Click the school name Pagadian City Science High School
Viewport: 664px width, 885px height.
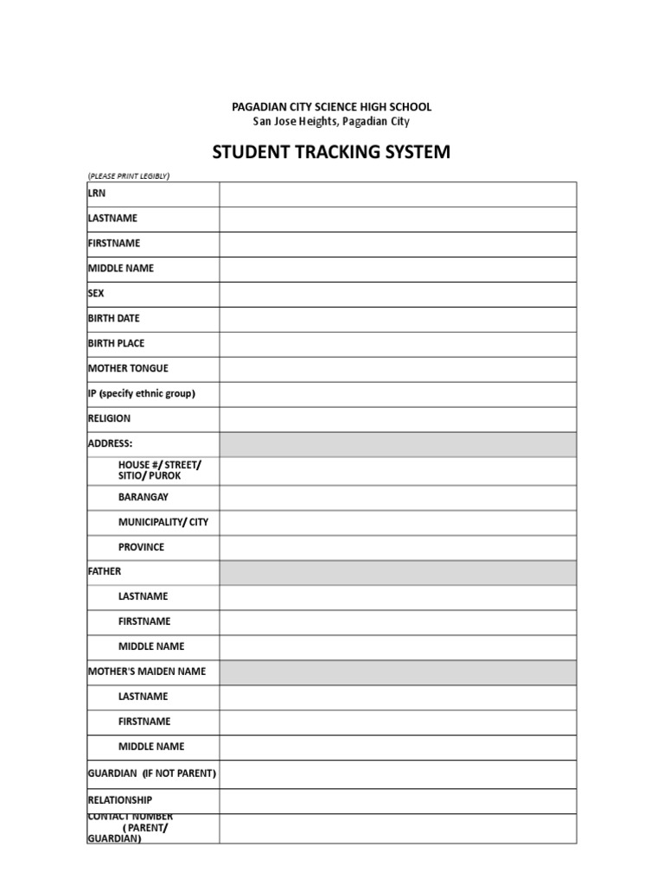tap(331, 106)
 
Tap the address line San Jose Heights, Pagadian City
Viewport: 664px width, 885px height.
tap(331, 122)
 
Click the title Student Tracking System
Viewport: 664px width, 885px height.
tap(331, 153)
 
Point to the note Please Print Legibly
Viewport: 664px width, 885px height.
tap(128, 176)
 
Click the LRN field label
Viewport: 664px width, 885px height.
tap(97, 194)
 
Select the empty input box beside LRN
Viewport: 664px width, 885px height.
tap(398, 194)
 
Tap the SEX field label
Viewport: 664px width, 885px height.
tap(96, 294)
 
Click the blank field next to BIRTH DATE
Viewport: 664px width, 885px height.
tap(398, 319)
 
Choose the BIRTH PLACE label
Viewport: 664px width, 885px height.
tap(116, 343)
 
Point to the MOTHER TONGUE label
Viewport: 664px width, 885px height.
tap(128, 368)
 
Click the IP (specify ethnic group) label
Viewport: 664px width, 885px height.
tap(142, 393)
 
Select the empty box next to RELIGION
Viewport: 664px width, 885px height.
tap(398, 419)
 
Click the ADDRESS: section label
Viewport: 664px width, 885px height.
tap(111, 443)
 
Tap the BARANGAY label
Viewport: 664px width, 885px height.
tap(144, 497)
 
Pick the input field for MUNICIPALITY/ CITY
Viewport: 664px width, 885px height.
tap(398, 523)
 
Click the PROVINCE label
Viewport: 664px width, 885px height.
tap(141, 547)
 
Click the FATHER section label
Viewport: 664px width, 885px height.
tap(105, 571)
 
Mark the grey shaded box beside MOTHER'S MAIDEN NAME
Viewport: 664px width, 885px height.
tap(398, 672)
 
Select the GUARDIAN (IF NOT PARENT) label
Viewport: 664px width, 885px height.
tap(152, 773)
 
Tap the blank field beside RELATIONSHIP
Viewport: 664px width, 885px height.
tap(398, 801)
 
